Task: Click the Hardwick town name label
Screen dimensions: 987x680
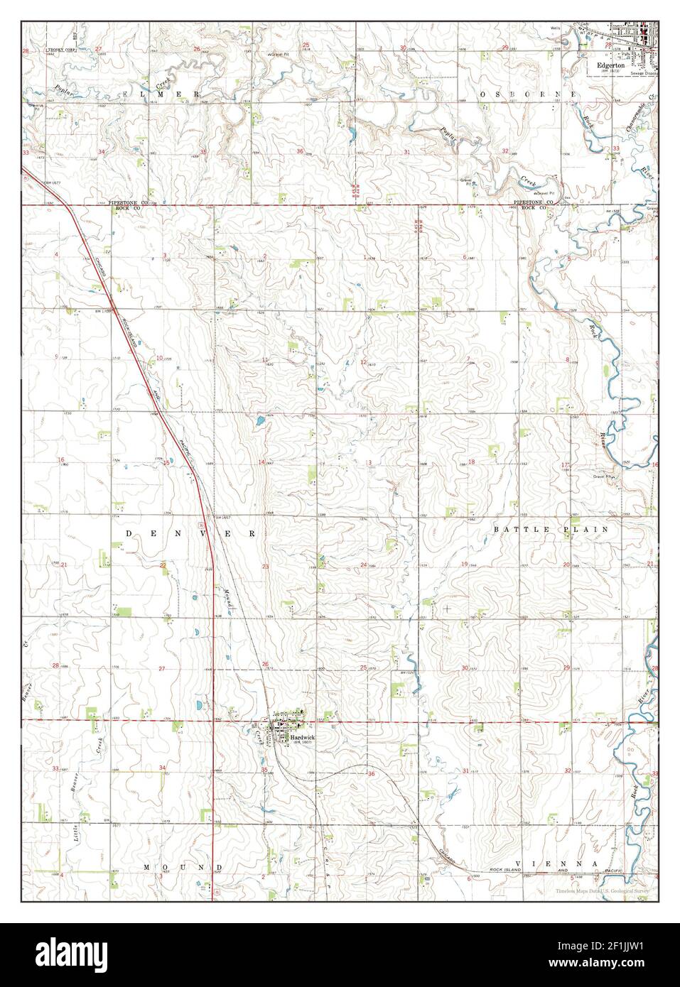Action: [x=302, y=738]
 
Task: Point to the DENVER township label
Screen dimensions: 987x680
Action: [x=190, y=532]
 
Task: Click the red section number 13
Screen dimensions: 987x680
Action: [x=369, y=463]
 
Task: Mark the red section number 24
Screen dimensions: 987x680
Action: [x=363, y=565]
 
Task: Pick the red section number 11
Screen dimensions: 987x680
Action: [x=265, y=361]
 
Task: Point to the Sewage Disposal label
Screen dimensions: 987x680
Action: [x=644, y=73]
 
